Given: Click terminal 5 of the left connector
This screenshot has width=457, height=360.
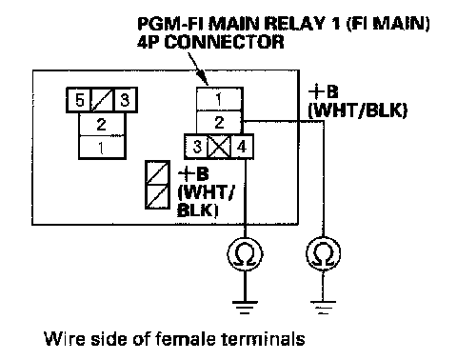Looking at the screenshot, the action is pyautogui.click(x=79, y=100).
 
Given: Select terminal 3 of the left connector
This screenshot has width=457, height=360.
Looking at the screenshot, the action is pyautogui.click(x=125, y=100).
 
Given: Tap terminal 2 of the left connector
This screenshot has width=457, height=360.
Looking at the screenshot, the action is pyautogui.click(x=102, y=124).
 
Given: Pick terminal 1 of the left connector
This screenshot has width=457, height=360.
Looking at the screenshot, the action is pyautogui.click(x=102, y=148).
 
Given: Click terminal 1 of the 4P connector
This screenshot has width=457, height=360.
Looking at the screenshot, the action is pyautogui.click(x=220, y=99).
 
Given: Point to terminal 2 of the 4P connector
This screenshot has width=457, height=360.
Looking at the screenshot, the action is pyautogui.click(x=220, y=122).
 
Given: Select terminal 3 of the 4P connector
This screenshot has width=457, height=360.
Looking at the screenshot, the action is pyautogui.click(x=197, y=147).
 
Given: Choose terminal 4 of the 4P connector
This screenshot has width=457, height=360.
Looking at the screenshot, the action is pyautogui.click(x=242, y=147).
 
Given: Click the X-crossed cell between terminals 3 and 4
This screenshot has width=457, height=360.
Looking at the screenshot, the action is pyautogui.click(x=220, y=147).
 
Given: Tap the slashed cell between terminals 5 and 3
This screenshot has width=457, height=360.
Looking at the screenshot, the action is pyautogui.click(x=103, y=100).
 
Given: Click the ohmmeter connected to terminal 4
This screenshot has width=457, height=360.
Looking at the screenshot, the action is pyautogui.click(x=245, y=254).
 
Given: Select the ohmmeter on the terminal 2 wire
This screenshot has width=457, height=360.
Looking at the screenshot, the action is pyautogui.click(x=323, y=254).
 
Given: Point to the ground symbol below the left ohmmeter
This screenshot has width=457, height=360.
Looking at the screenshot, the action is pyautogui.click(x=245, y=307).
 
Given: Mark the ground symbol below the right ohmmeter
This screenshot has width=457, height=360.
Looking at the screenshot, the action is pyautogui.click(x=323, y=307).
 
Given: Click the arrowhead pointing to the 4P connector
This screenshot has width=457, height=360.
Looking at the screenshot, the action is pyautogui.click(x=203, y=78).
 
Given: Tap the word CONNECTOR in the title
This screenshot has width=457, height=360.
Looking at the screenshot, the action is pyautogui.click(x=224, y=42).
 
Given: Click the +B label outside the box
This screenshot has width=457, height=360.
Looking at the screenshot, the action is pyautogui.click(x=323, y=92).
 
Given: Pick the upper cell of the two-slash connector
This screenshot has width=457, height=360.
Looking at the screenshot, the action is pyautogui.click(x=157, y=172).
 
